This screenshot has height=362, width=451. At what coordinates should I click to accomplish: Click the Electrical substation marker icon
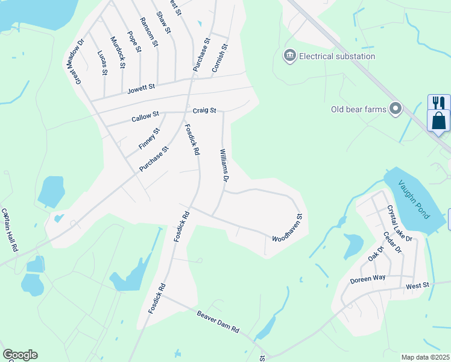(x=290, y=56)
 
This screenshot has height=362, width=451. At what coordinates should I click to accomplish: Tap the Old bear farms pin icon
(x=396, y=109)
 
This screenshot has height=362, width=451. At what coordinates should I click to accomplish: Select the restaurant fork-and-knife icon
(x=438, y=102)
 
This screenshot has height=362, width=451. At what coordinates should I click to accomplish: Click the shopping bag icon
(x=438, y=120)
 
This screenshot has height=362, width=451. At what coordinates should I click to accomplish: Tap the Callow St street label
(x=145, y=116)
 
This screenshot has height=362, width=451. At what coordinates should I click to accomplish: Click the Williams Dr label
(x=224, y=166)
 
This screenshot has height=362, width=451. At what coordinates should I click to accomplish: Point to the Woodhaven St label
(x=290, y=230)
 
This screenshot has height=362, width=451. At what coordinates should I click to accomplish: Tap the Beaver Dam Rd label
(x=218, y=322)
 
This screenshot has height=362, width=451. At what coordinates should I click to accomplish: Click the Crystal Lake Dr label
(x=400, y=223)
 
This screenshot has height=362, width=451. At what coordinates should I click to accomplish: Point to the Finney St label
(x=149, y=139)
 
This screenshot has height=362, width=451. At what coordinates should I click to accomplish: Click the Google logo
(x=19, y=355)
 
